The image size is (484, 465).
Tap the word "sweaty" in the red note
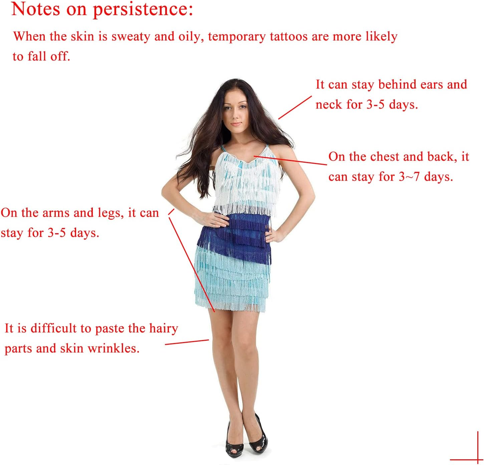click(131, 37)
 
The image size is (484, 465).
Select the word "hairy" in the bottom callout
click(164, 329)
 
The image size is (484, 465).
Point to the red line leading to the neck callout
click(295, 107)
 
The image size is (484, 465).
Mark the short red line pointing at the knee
click(187, 342)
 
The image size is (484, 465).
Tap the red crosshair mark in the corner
click(478, 460)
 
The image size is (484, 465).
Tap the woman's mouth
click(236, 124)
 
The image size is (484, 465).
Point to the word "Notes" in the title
click(36, 9)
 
